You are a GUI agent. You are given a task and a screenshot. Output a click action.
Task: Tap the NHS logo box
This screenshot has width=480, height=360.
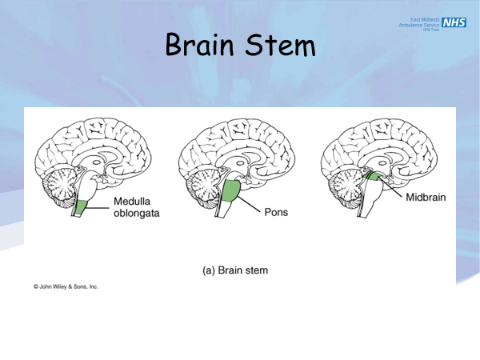[454, 22]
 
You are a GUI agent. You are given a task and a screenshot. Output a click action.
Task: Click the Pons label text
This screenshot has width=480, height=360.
[276, 213]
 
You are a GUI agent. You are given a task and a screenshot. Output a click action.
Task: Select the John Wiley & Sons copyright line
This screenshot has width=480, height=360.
[66, 286]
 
